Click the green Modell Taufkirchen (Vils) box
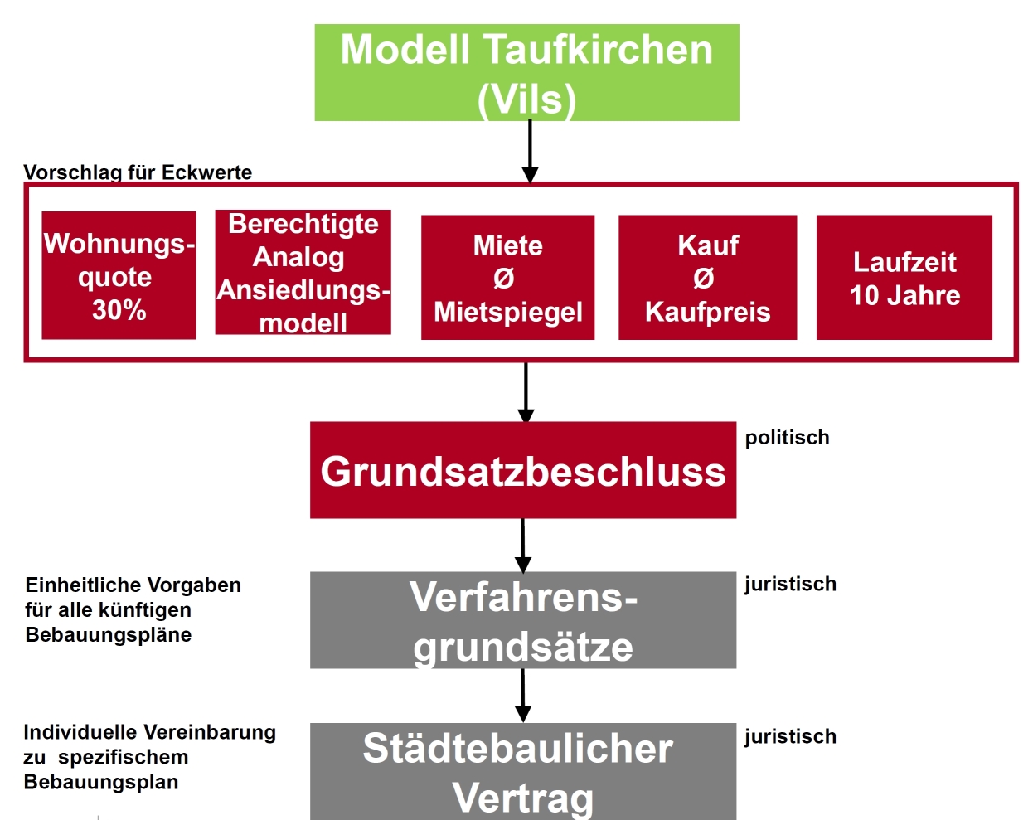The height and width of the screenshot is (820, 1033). point(526,72)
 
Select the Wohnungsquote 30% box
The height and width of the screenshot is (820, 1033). point(119,275)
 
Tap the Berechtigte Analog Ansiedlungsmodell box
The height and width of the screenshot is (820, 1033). point(303,272)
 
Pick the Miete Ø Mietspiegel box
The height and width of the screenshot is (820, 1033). point(507,278)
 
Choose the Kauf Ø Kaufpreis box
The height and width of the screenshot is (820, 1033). point(707,278)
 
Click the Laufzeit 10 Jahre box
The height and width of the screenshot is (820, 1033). point(904,278)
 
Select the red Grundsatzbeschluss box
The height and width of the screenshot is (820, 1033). point(523,470)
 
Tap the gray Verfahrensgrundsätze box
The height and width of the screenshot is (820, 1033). point(523,620)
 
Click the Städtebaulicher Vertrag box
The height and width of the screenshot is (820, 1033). point(523,772)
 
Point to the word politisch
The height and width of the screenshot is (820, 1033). point(788,439)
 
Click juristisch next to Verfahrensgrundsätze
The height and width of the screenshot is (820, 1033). point(791,585)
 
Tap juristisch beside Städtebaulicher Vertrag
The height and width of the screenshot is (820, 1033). point(791,737)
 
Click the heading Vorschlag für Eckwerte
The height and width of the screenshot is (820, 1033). point(138,172)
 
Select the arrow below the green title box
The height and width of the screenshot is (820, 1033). point(530,151)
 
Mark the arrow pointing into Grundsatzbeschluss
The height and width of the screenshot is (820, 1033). point(526,393)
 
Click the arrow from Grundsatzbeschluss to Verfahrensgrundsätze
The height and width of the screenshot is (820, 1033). point(523,546)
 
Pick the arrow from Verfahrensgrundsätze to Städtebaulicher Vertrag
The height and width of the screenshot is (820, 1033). point(523,696)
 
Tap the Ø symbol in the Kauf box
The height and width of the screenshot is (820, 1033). point(703,279)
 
